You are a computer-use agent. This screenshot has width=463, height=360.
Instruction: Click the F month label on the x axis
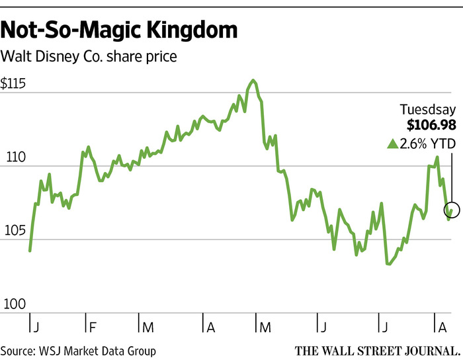click(93, 327)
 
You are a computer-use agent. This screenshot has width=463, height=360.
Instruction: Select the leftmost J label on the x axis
click(35, 327)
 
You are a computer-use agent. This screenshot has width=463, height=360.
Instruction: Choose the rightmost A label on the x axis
click(442, 327)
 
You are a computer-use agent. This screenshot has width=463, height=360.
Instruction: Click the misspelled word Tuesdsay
click(429, 111)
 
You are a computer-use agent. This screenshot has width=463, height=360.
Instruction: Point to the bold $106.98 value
click(428, 126)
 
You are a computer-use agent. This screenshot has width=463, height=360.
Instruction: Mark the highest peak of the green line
click(253, 80)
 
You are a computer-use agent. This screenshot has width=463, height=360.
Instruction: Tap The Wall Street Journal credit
click(374, 350)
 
